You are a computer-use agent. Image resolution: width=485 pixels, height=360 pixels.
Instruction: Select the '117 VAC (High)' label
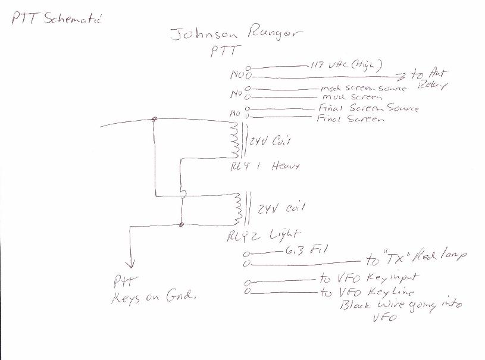(x=346, y=64)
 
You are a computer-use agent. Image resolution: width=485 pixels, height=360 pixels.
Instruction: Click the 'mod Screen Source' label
(x=363, y=89)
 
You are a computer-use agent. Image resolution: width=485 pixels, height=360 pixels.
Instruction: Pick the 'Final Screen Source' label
(x=368, y=109)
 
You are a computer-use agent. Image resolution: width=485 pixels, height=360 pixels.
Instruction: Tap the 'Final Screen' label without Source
(x=351, y=119)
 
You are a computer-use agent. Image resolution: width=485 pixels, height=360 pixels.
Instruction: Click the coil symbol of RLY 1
(x=234, y=141)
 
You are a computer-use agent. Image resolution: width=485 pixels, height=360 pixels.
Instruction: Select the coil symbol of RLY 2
(x=240, y=208)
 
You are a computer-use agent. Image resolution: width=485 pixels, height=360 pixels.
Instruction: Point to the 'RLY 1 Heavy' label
(x=264, y=167)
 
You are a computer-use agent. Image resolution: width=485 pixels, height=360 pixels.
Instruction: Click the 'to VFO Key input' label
(x=369, y=278)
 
